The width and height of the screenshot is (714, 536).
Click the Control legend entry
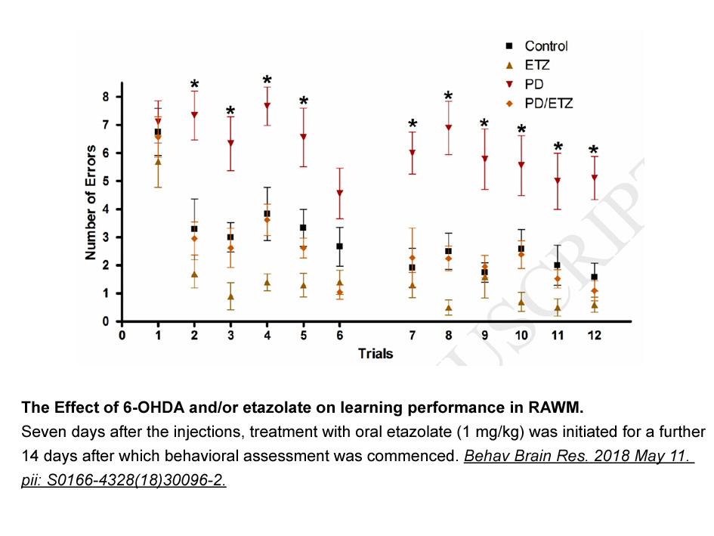point(536,46)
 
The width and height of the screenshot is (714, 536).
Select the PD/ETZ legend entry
point(539,104)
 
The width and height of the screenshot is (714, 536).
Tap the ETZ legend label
point(537,65)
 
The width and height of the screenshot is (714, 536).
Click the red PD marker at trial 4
point(267,106)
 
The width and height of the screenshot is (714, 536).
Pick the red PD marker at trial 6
point(340,194)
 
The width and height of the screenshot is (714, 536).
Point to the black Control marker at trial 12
point(594,277)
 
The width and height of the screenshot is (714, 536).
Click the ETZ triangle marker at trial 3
point(231,296)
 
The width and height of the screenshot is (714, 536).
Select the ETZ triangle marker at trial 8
point(449,308)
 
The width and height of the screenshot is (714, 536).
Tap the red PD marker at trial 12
point(594,178)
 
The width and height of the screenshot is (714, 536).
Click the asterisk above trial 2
point(194,85)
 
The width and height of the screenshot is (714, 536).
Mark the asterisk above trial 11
point(558,147)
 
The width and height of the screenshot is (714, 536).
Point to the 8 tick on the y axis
point(106,97)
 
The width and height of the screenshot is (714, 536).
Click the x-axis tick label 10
point(521,336)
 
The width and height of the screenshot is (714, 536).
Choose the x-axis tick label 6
point(340,336)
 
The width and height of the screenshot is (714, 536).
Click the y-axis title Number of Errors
point(91,203)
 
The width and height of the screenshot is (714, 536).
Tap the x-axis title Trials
point(376,354)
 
